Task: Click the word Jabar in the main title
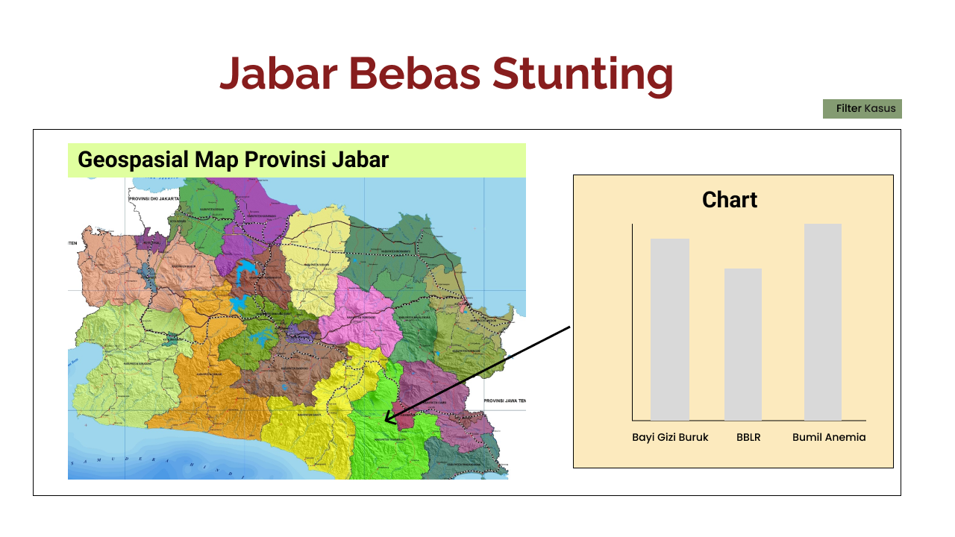click(x=276, y=75)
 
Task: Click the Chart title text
click(x=730, y=200)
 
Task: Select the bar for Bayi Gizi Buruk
click(x=669, y=330)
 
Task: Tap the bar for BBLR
click(x=743, y=345)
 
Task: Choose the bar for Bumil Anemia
click(x=823, y=322)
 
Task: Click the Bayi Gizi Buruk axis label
click(x=670, y=437)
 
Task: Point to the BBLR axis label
click(x=748, y=437)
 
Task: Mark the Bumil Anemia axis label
click(x=829, y=437)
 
